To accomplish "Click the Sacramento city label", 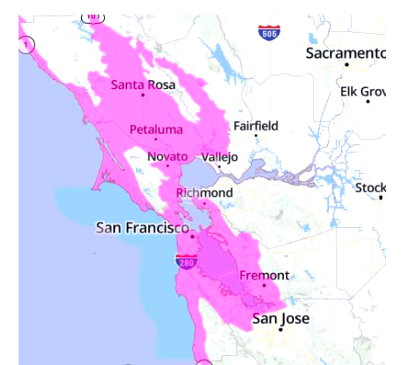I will [x=346, y=53].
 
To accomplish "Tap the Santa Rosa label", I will [x=143, y=85].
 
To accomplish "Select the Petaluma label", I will [x=156, y=129].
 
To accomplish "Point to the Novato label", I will [x=167, y=157].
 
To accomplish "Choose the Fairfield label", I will [x=256, y=125].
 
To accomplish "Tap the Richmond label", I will [x=205, y=193].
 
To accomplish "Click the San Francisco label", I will [x=141, y=228].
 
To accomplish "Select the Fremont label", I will [x=264, y=275].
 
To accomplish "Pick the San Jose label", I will [x=281, y=318].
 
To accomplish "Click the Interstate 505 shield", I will [x=269, y=33].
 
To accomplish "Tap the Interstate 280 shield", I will [x=186, y=261].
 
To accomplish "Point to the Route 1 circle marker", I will [x=27, y=44].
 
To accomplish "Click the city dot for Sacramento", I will [x=346, y=65].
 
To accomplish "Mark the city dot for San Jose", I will [x=281, y=329].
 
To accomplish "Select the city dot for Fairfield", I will [x=256, y=135].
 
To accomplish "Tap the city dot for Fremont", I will [x=264, y=285].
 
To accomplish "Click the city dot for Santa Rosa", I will [x=143, y=95].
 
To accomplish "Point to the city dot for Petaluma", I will [x=156, y=139].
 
